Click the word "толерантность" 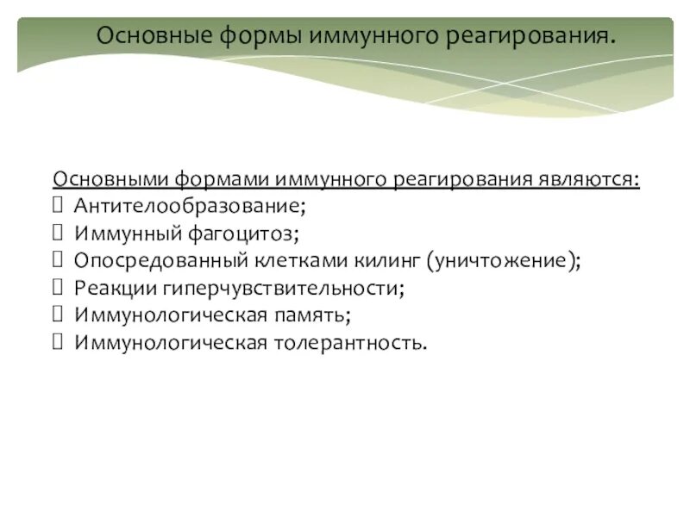(x=348, y=343)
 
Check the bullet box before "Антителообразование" (x=59, y=207)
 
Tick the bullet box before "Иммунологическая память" (x=59, y=315)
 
